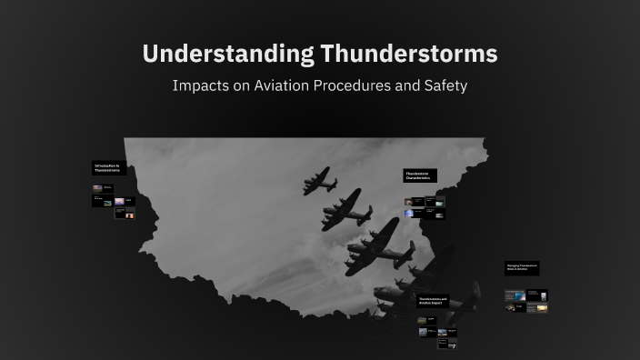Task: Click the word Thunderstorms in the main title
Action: coord(408,54)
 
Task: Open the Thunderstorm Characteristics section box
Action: coord(420,175)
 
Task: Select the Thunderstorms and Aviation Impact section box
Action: coord(433,300)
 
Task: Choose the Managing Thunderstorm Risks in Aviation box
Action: coord(522,268)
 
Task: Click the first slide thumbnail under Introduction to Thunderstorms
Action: coord(97,188)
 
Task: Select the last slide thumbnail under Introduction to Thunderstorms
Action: coord(126,214)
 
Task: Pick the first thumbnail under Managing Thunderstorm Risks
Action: coord(515,295)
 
